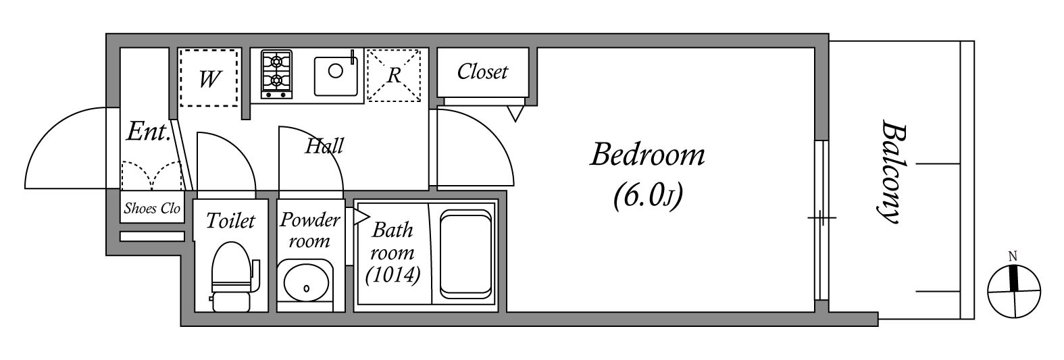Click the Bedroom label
click(647, 155)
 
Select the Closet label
click(482, 72)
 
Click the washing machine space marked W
click(209, 78)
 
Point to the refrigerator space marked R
click(394, 75)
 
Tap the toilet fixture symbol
click(232, 277)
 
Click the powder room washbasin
click(306, 284)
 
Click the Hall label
click(324, 146)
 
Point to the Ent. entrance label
click(148, 132)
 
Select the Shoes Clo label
click(152, 209)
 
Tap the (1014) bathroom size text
click(392, 275)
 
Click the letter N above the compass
click(1012, 256)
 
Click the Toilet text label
click(230, 221)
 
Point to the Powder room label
click(309, 230)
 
